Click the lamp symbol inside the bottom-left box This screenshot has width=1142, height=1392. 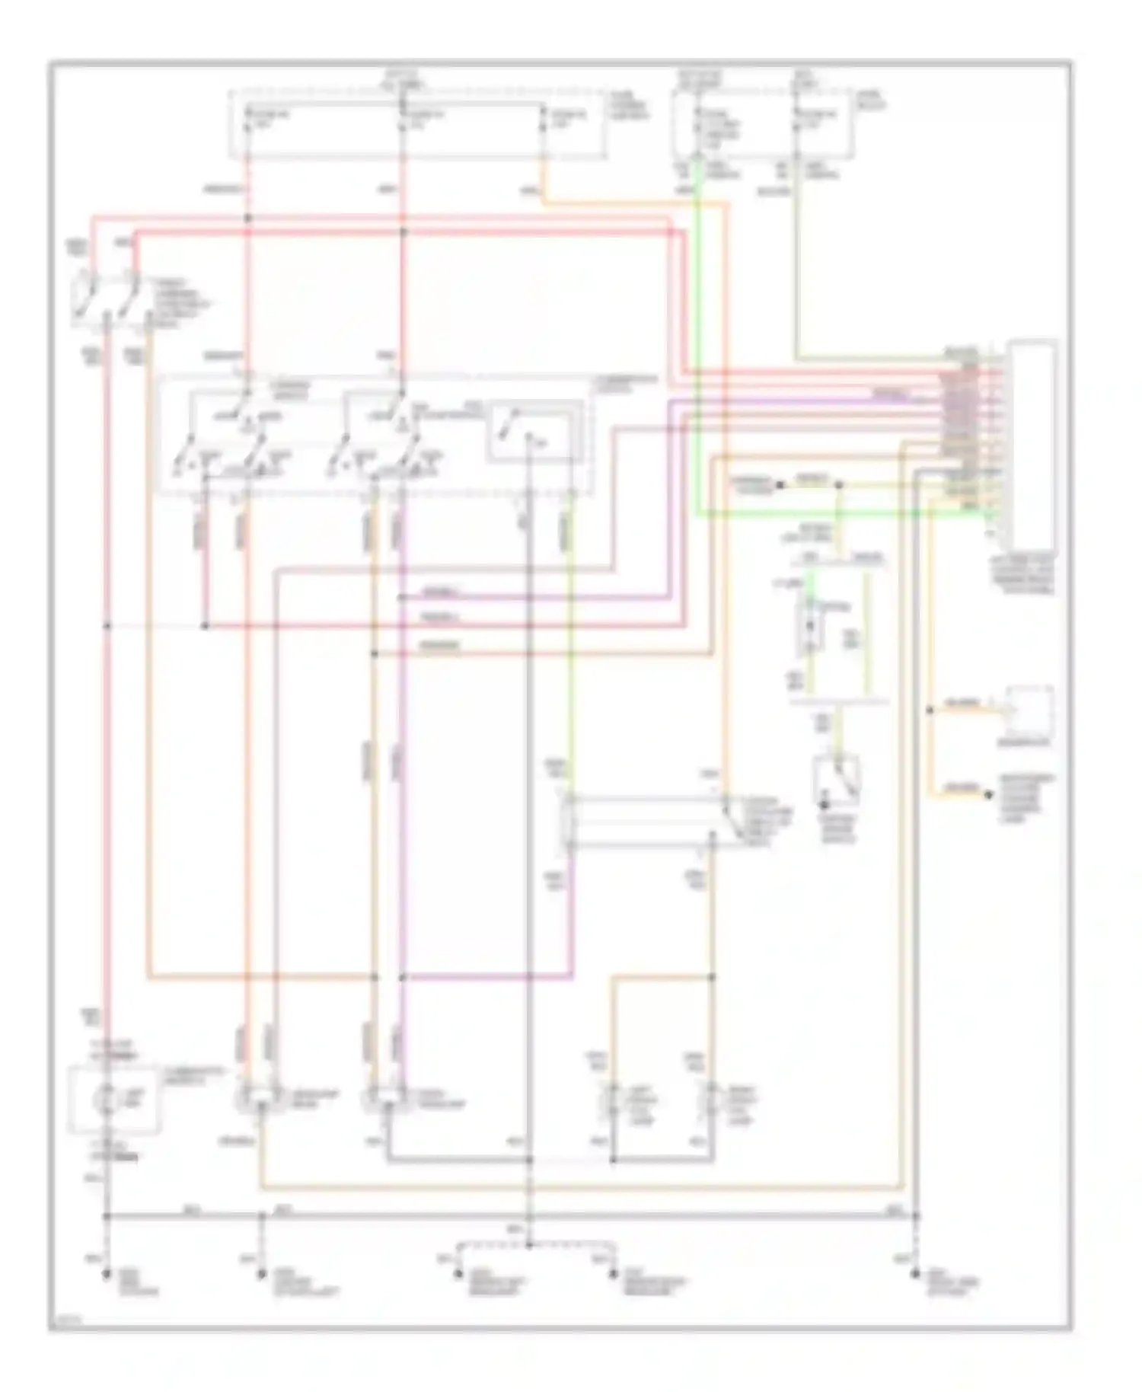click(x=107, y=1099)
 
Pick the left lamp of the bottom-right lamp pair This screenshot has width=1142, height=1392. click(x=612, y=1099)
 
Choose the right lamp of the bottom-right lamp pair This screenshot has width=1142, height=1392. click(x=712, y=1099)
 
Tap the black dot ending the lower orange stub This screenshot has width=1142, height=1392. click(x=988, y=795)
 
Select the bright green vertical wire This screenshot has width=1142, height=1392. click(x=699, y=343)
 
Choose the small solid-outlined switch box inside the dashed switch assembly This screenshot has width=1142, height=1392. click(x=534, y=431)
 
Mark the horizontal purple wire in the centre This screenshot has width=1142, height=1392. click(x=533, y=599)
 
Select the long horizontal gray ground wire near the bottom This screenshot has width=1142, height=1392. click(x=510, y=1216)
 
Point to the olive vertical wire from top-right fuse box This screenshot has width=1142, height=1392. click(x=796, y=259)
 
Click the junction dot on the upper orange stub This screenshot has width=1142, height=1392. click(x=930, y=710)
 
